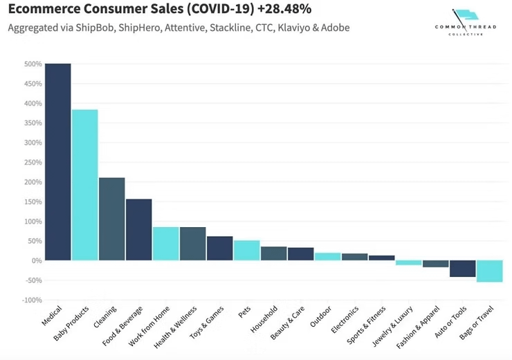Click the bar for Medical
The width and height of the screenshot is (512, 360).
coord(57,162)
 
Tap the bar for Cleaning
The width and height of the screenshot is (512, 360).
coord(111,219)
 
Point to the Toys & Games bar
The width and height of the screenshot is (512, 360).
coord(219,249)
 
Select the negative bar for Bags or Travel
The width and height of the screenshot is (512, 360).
coord(490,271)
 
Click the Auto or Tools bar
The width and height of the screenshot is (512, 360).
coord(463,269)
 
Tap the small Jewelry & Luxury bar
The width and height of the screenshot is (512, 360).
coord(409,263)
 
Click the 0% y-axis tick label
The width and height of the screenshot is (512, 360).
coord(35,261)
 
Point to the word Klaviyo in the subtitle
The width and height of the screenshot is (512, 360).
coord(295,28)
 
